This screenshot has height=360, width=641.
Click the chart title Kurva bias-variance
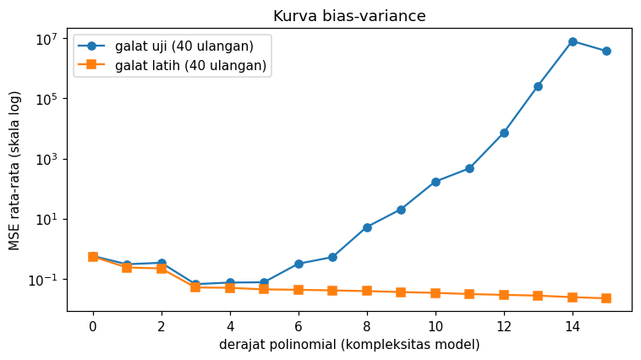(x=349, y=16)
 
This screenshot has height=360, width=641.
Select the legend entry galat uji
(x=184, y=46)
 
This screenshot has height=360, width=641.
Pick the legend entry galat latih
(x=190, y=65)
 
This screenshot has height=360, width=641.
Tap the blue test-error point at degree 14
(x=573, y=41)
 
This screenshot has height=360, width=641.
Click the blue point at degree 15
(x=606, y=51)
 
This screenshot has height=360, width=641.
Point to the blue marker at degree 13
(x=538, y=87)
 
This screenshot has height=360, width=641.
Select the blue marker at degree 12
(x=504, y=133)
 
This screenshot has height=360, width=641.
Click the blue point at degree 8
(x=367, y=227)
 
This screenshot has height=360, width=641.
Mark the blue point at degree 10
(x=436, y=182)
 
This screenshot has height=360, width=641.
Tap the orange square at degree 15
(x=606, y=298)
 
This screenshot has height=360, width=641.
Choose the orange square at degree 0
(x=93, y=257)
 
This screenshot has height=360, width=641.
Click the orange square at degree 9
(x=401, y=292)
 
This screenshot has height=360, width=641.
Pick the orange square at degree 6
(x=299, y=290)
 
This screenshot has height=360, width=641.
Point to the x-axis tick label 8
(x=367, y=326)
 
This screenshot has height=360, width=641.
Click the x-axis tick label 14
(x=573, y=326)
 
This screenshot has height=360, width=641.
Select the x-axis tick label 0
(x=93, y=326)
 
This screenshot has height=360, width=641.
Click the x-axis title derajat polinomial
(x=349, y=345)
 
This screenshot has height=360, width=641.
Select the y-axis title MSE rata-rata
(x=14, y=171)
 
